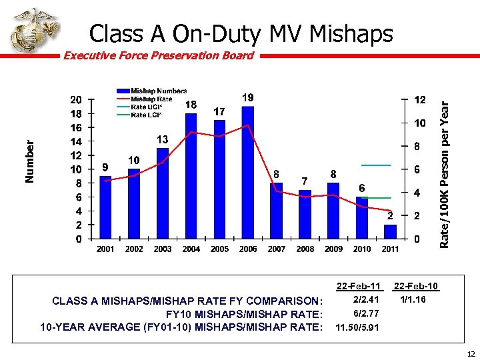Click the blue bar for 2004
[x=191, y=176]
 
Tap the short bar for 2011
[x=390, y=231]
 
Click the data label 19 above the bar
[x=247, y=97]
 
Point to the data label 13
[x=162, y=139]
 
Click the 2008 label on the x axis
[x=305, y=249]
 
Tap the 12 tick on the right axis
[x=420, y=99]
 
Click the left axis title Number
[x=29, y=161]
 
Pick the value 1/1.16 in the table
[x=413, y=300]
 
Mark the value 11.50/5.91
[x=358, y=327]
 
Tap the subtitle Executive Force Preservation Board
[x=158, y=55]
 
